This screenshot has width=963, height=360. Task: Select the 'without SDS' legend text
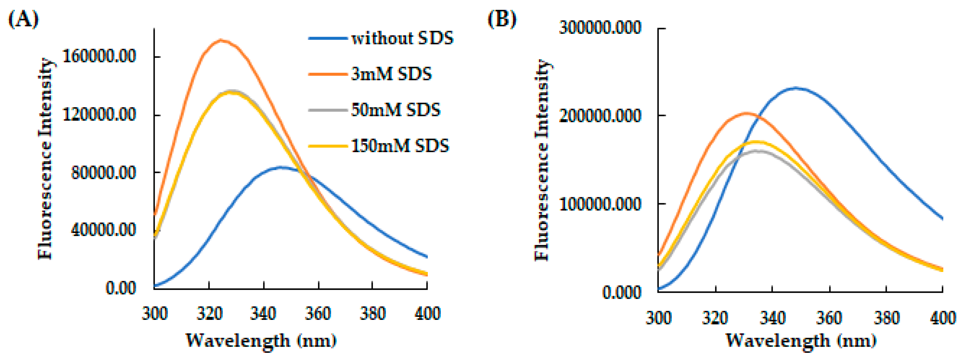[402, 38]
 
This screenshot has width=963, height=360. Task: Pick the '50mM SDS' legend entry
[396, 110]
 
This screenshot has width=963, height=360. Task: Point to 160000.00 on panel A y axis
[99, 57]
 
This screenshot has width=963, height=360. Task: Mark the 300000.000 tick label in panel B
[600, 28]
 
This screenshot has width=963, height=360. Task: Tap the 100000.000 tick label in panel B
[600, 204]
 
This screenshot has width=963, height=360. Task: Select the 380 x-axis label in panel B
[887, 318]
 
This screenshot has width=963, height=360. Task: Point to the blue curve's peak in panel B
[796, 88]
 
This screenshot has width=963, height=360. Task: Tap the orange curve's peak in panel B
[746, 113]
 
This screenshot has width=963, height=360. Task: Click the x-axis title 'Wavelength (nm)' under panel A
[261, 340]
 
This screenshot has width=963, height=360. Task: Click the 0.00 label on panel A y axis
[120, 288]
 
